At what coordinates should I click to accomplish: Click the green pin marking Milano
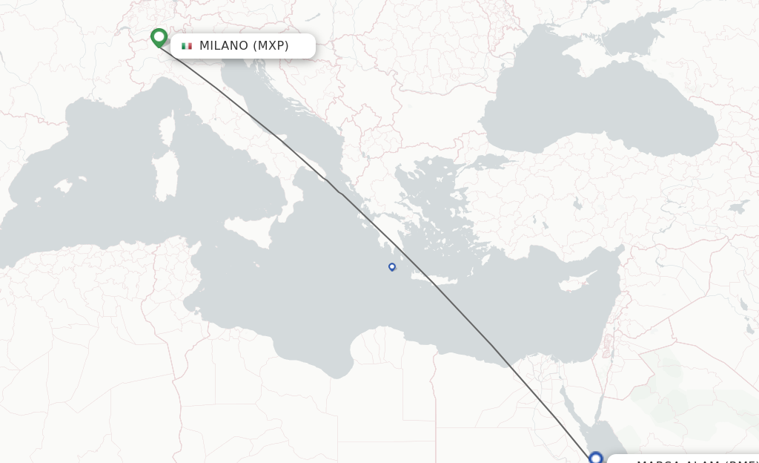pos(159,37)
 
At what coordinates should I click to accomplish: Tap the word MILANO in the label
pos(223,46)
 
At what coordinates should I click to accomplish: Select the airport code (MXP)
pos(271,46)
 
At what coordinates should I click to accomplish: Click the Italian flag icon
pos(187,46)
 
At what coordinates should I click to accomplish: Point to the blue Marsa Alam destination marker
pos(596,458)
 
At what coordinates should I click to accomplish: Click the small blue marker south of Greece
pos(392,267)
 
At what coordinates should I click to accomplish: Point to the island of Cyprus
pos(571,283)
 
